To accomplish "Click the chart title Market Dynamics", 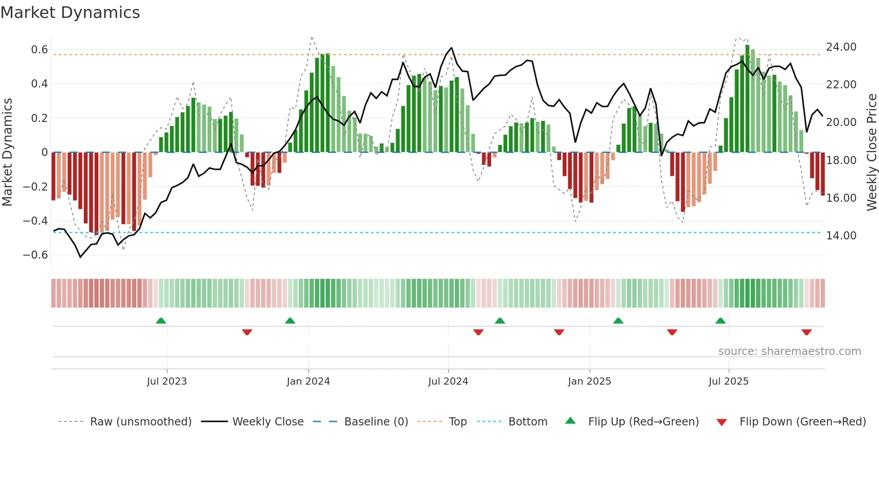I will click(70, 13).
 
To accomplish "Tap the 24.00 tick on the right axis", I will click(841, 47).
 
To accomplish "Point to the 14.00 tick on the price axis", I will click(841, 236).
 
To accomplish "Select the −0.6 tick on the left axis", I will click(35, 255).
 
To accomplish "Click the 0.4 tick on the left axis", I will click(39, 84).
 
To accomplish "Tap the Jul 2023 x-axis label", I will click(166, 381).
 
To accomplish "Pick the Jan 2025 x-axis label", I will click(589, 381).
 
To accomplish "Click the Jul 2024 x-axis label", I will click(448, 381).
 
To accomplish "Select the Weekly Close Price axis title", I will click(871, 152).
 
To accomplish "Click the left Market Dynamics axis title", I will click(7, 152).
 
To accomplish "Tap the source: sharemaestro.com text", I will click(789, 351).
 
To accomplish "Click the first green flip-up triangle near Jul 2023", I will click(161, 321).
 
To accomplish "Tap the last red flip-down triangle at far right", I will click(806, 332).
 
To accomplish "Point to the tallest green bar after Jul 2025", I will click(747, 99).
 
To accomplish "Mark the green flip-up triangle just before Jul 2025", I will click(720, 321).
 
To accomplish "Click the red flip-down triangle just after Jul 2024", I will click(478, 332).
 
